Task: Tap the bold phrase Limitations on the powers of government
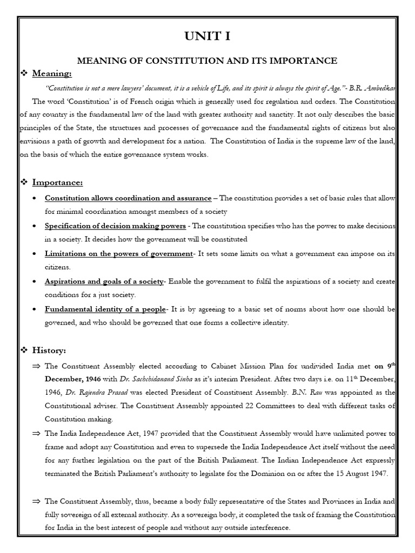coord(119,253)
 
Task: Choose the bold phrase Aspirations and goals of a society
coord(104,281)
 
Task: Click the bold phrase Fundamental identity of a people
coord(105,309)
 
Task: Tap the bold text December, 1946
coord(72,379)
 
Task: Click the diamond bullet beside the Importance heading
coord(24,183)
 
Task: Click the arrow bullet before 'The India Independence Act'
coord(37,432)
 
